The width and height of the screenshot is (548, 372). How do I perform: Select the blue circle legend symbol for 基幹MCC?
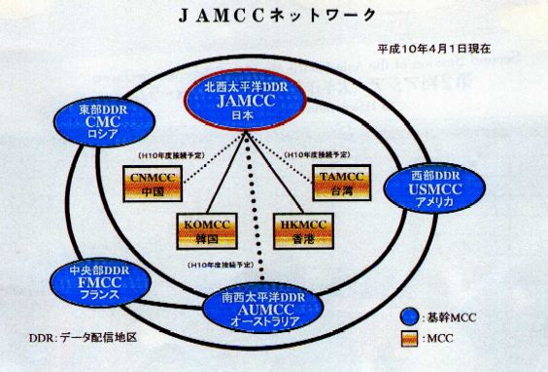(411, 318)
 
